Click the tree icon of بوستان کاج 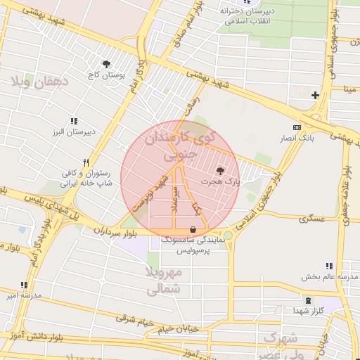pos(105,64)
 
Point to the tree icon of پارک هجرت pos(221,170)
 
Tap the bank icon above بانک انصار pos(297,127)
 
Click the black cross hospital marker pos(315,95)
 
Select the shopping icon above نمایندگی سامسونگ pos(193,229)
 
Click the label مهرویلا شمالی pos(166,280)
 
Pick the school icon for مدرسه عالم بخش pos(328,265)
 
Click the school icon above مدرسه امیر pos(24,285)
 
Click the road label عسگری pos(312,219)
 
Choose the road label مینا pos(349,89)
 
